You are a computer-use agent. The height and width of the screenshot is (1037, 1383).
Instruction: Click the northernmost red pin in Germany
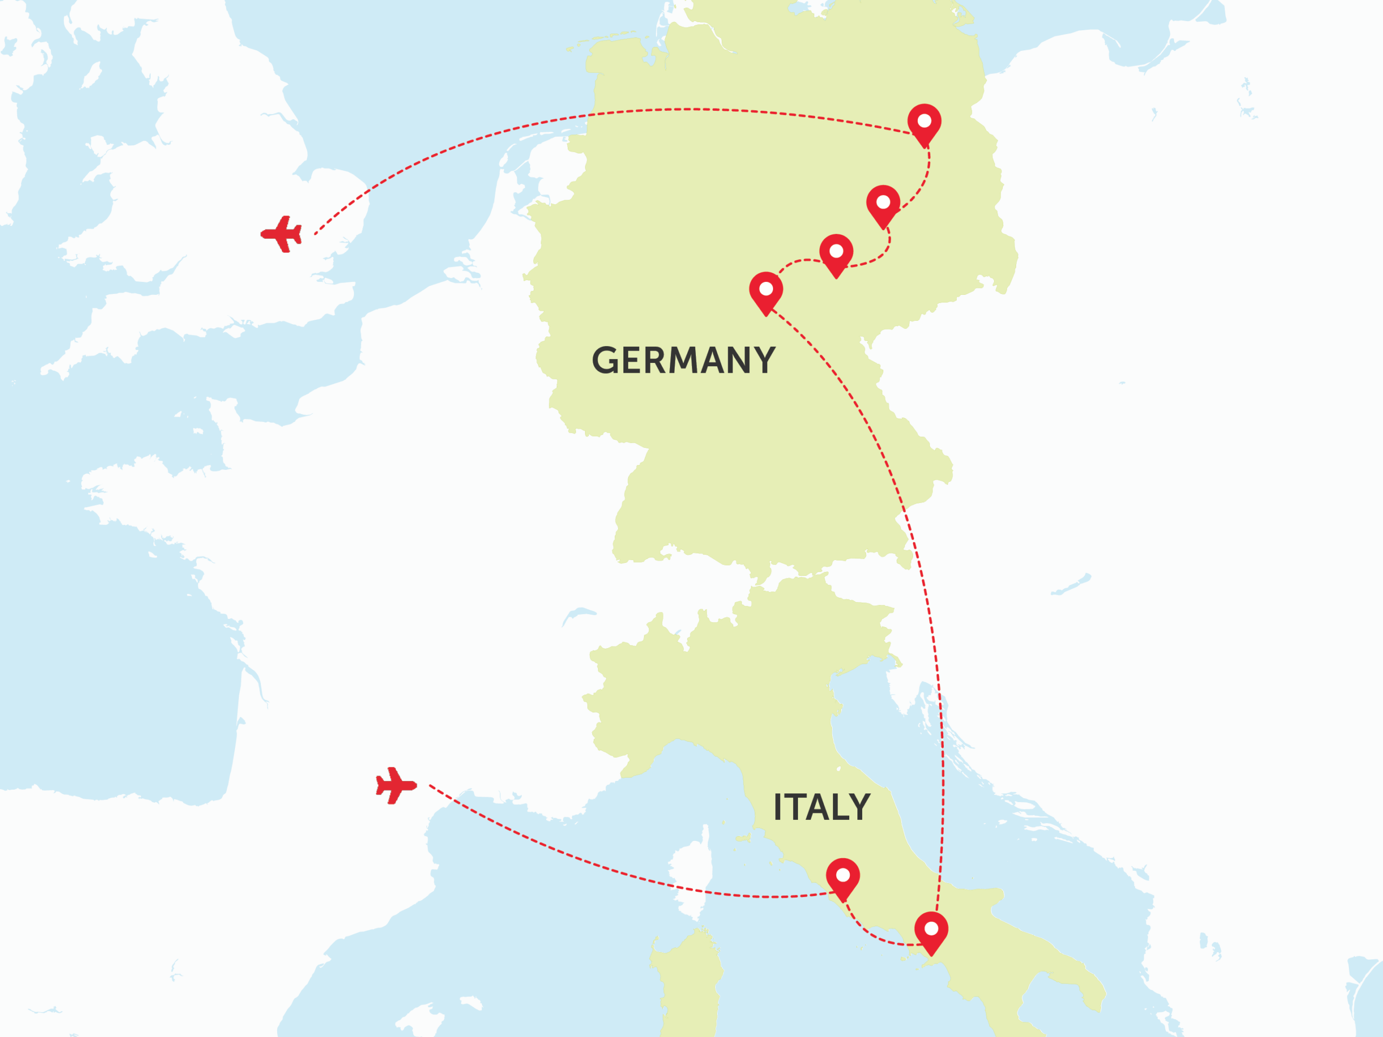(x=924, y=123)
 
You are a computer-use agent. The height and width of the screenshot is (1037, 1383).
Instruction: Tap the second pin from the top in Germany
(x=883, y=204)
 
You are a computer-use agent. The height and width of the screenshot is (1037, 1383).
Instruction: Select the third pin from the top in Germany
(x=836, y=253)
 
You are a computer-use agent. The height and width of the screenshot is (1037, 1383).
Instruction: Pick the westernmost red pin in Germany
(x=766, y=291)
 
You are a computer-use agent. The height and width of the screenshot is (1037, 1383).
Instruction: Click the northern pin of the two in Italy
(x=843, y=877)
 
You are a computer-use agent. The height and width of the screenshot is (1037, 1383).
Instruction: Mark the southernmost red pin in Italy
(x=931, y=930)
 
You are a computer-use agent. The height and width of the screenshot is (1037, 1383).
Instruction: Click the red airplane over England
(x=282, y=234)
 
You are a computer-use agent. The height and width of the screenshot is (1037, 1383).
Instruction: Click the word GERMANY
(x=683, y=361)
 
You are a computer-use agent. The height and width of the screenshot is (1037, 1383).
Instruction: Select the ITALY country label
(x=822, y=807)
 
